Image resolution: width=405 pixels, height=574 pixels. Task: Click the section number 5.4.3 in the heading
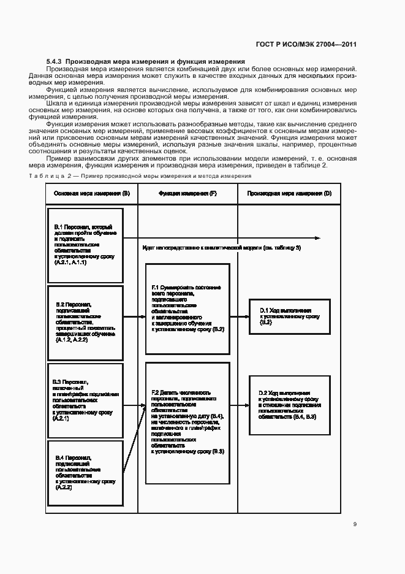[55, 62]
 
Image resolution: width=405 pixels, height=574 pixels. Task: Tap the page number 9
[355, 524]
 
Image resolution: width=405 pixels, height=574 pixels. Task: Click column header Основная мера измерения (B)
[92, 193]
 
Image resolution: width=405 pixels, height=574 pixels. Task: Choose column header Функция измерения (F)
[187, 193]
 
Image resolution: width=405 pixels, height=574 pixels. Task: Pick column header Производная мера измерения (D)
[289, 193]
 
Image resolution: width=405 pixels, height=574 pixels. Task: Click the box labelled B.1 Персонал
[85, 245]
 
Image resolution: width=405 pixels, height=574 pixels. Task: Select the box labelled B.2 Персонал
[85, 322]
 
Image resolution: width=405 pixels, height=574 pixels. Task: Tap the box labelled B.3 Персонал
[85, 400]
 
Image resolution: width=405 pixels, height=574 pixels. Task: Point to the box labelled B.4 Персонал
[85, 472]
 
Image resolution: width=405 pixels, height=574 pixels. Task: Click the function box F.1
[187, 308]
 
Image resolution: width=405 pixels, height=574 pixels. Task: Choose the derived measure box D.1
[289, 316]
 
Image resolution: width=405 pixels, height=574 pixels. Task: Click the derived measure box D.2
[289, 405]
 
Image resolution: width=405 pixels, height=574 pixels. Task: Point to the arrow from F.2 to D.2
[239, 405]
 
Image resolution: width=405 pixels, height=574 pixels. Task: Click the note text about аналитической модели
[221, 247]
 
